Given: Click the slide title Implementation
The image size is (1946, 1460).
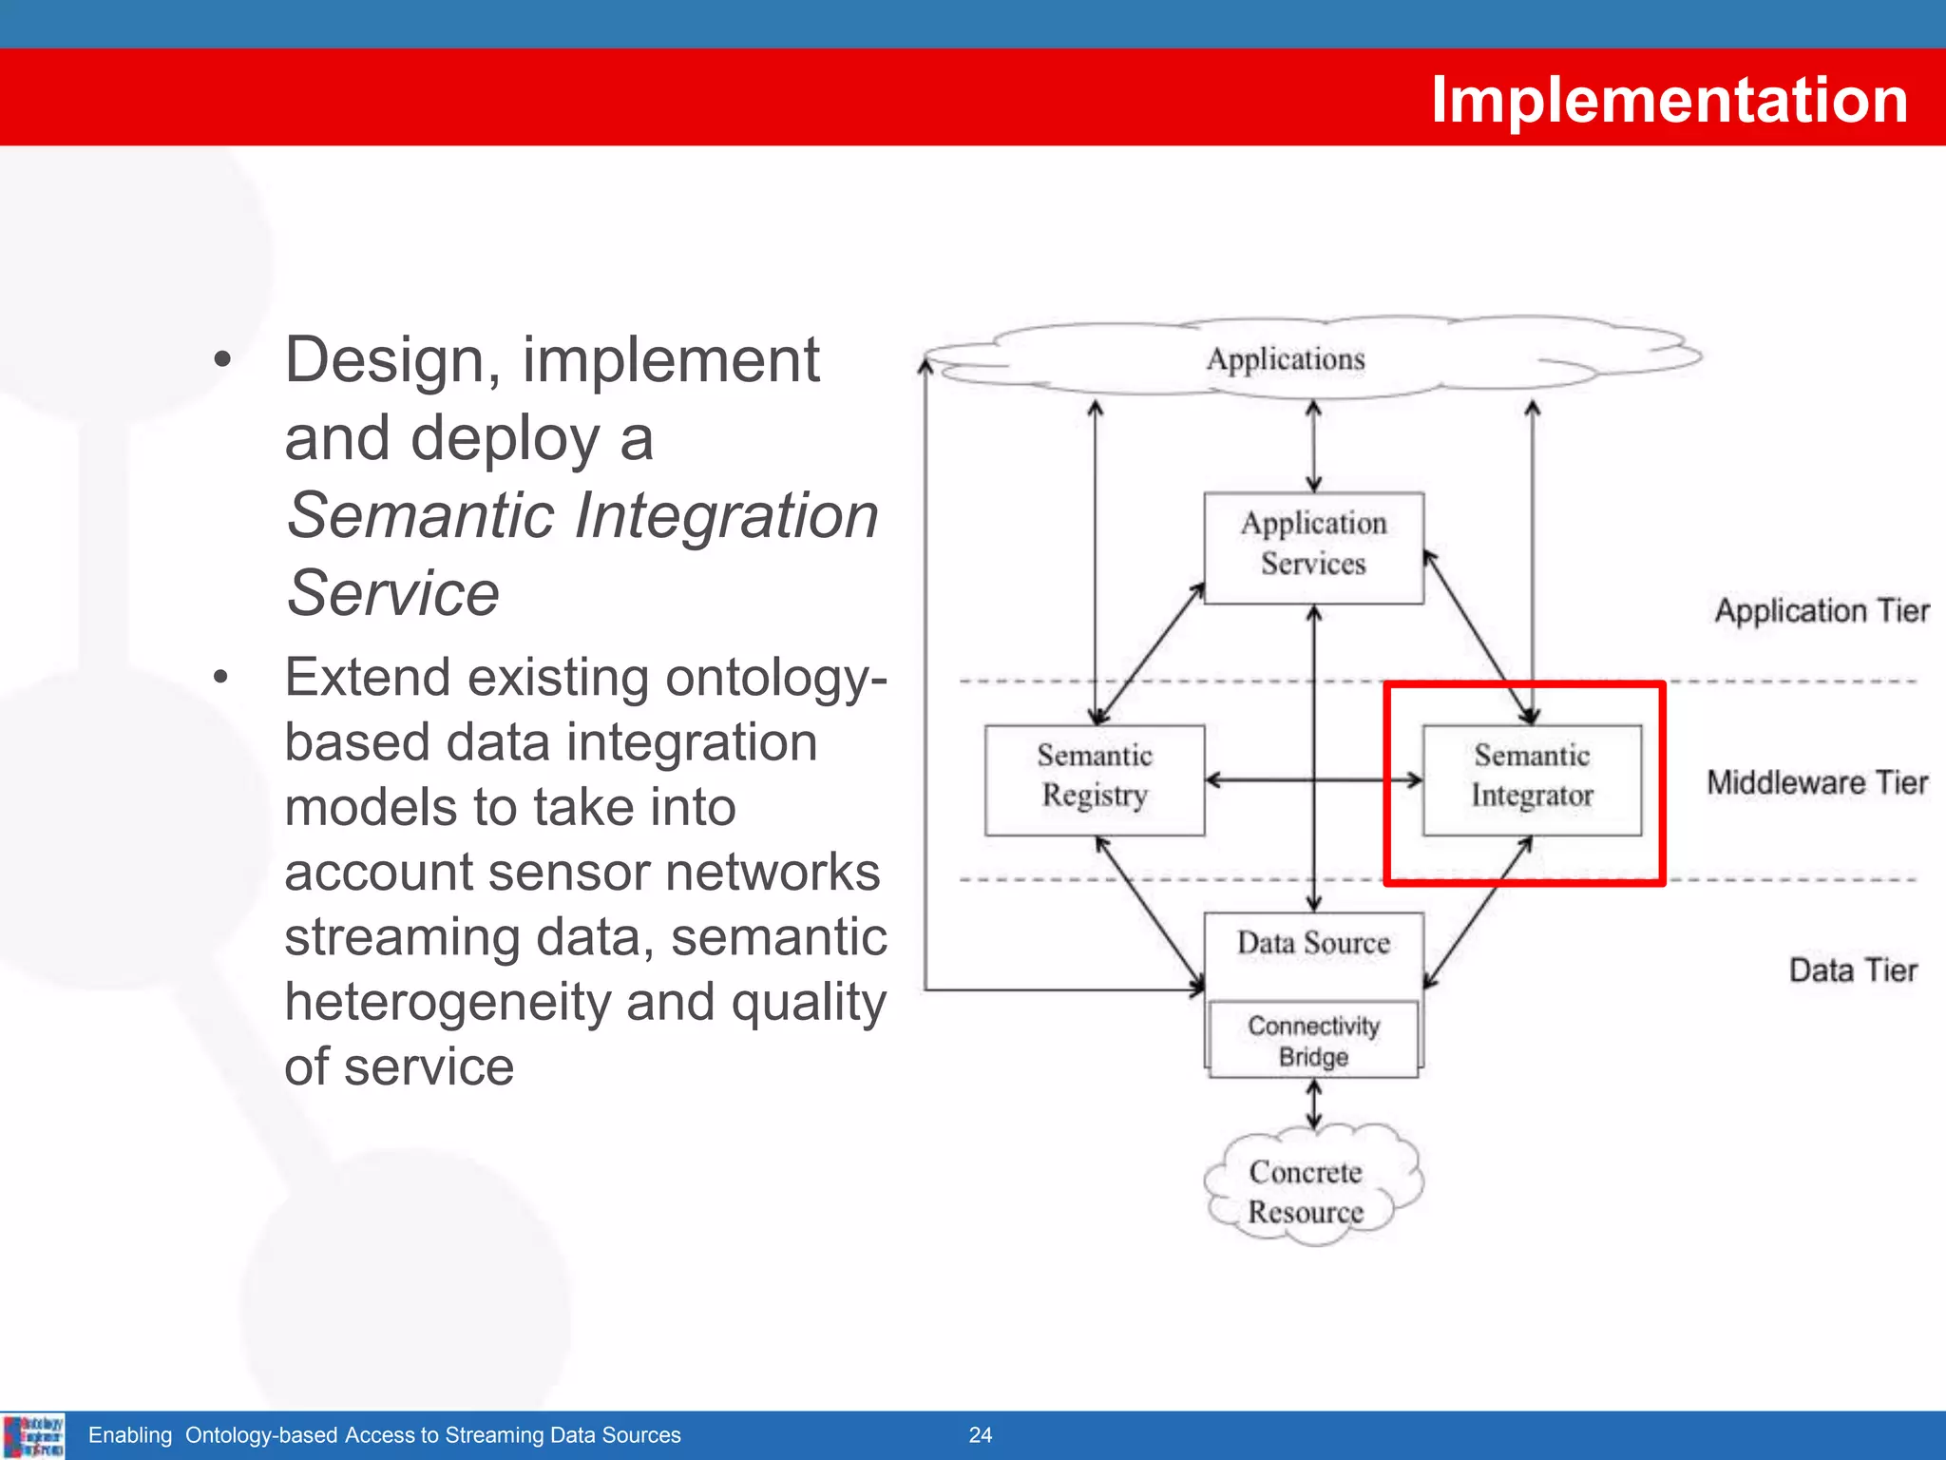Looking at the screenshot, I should [x=1669, y=99].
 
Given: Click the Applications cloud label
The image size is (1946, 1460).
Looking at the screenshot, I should [x=1286, y=359].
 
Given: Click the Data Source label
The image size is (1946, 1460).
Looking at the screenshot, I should [x=1313, y=943].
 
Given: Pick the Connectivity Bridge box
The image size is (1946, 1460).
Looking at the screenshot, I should [x=1313, y=1040].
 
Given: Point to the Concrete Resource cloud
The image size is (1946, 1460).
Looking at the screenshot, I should [x=1307, y=1192].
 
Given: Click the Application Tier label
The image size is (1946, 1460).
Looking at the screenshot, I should [x=1822, y=610].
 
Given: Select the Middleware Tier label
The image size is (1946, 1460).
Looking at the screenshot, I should [x=1817, y=782].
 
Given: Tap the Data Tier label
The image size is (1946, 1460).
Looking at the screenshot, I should [x=1853, y=970].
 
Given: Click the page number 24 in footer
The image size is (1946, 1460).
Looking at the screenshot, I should [x=980, y=1435].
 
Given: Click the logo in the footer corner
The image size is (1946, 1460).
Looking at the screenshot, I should [x=33, y=1435].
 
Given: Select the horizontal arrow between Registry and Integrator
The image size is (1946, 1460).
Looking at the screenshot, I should [x=1264, y=780].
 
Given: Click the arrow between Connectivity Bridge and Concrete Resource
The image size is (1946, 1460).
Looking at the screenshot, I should [x=1313, y=1105].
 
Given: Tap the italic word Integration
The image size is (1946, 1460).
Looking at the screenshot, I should [x=727, y=516].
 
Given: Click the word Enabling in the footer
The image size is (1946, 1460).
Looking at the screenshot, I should [x=130, y=1435].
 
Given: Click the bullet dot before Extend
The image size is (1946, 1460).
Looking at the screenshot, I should [x=221, y=678].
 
